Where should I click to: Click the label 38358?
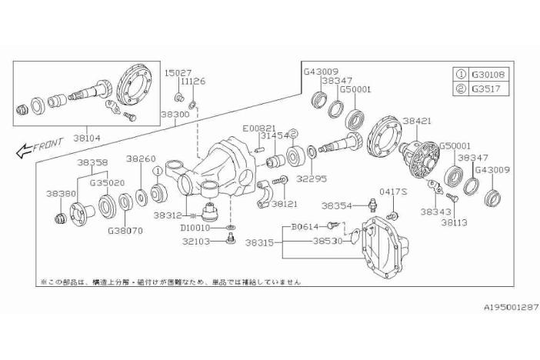(92, 163)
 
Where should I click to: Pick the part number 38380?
(60, 194)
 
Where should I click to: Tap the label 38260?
(141, 158)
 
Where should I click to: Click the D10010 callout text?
(197, 228)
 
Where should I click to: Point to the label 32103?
(196, 241)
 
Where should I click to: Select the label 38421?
(417, 122)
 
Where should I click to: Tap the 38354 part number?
(337, 206)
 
